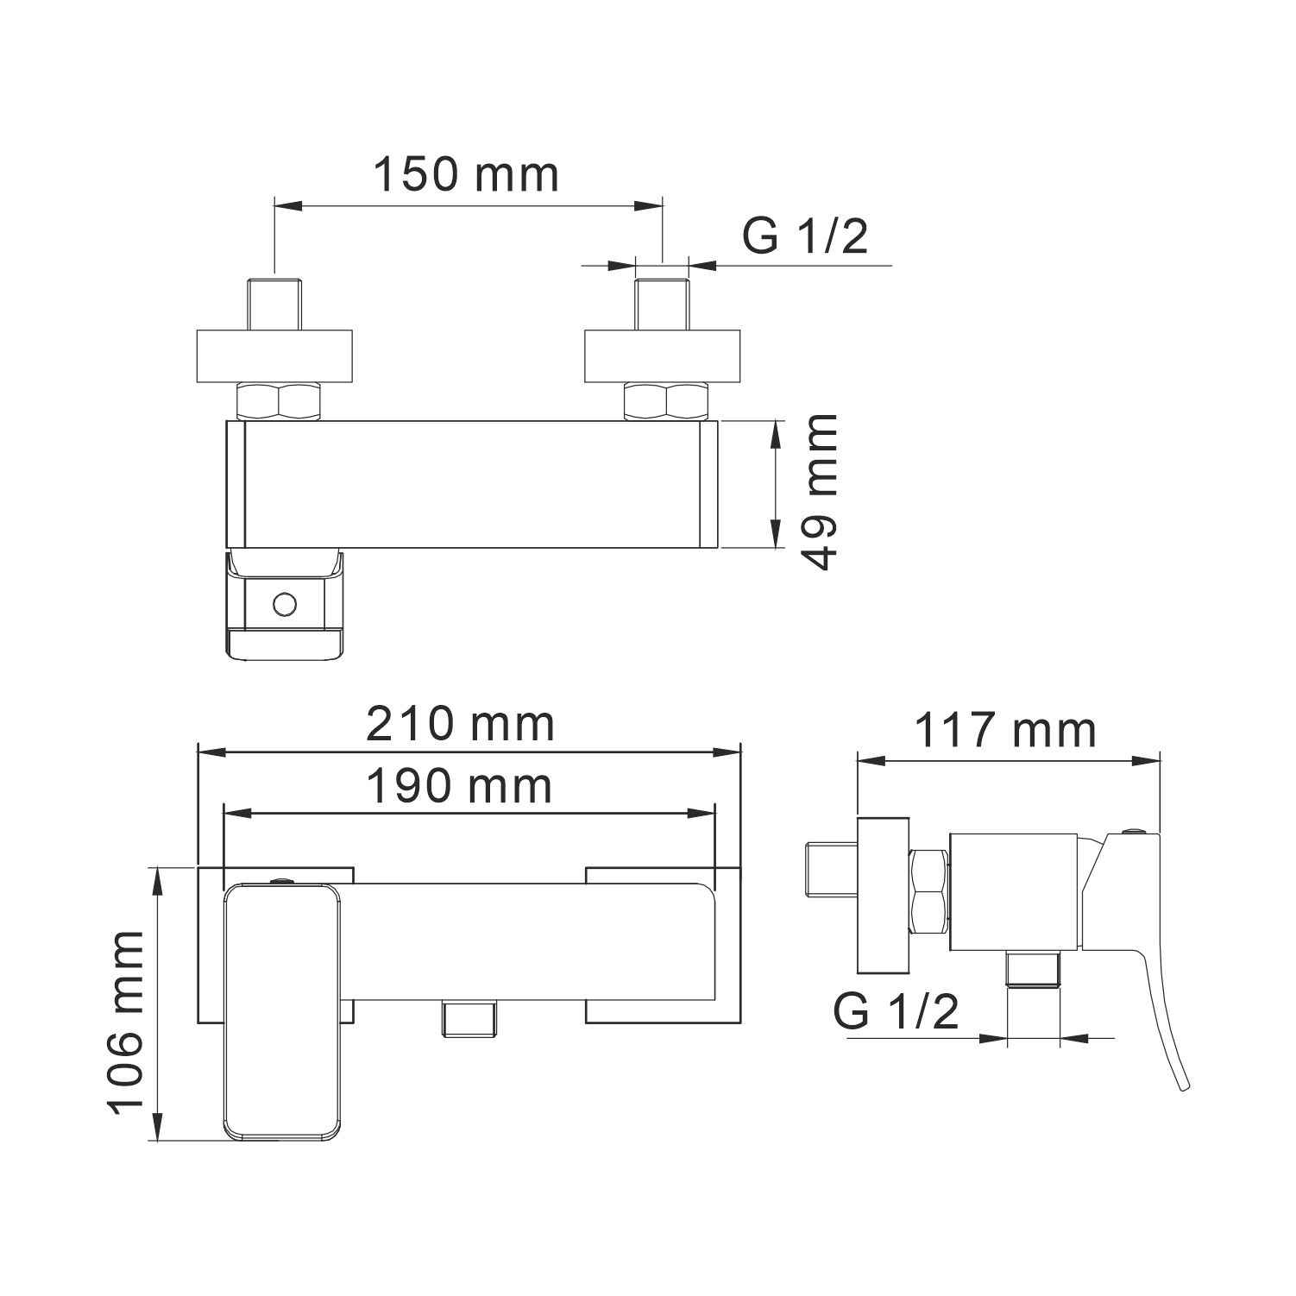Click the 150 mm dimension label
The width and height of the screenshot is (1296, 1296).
pyautogui.click(x=466, y=175)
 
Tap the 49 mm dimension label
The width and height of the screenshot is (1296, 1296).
pyautogui.click(x=815, y=491)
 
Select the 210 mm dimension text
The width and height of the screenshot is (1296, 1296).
pyautogui.click(x=461, y=724)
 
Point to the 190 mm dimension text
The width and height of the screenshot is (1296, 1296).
pyautogui.click(x=459, y=786)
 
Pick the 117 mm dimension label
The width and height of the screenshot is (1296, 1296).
pyautogui.click(x=1004, y=731)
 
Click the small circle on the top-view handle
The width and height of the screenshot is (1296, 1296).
pyautogui.click(x=283, y=604)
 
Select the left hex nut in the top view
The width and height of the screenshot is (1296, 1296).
pyautogui.click(x=280, y=401)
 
